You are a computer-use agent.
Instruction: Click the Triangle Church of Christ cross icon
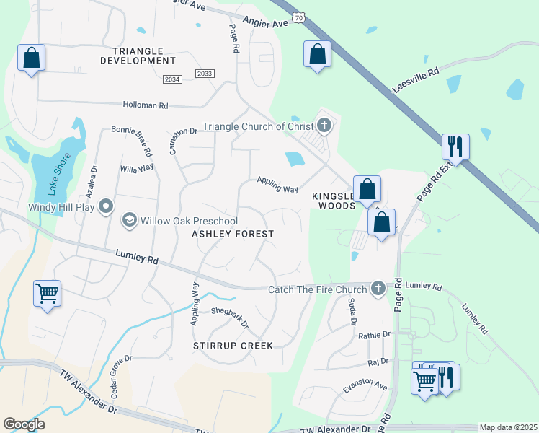point(324,126)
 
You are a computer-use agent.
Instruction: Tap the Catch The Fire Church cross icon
point(378,289)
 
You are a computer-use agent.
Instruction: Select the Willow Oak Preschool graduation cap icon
point(130,220)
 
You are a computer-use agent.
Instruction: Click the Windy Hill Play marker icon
point(106,207)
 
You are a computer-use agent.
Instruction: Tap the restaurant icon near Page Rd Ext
point(455,146)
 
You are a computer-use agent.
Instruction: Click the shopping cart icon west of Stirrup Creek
point(47,294)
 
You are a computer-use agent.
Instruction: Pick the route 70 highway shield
point(299,17)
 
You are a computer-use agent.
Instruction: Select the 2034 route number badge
point(172,79)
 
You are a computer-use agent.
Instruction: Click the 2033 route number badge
point(205,74)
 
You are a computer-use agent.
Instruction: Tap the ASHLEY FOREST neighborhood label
point(232,234)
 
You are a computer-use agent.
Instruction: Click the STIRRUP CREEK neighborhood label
point(233,346)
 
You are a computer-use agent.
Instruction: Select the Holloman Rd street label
point(145,105)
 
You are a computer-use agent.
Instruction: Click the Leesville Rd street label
point(416,80)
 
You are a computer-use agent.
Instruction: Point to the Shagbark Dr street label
point(230,318)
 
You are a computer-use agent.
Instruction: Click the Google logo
point(24,424)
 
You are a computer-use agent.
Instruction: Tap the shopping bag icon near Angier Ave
point(317,54)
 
